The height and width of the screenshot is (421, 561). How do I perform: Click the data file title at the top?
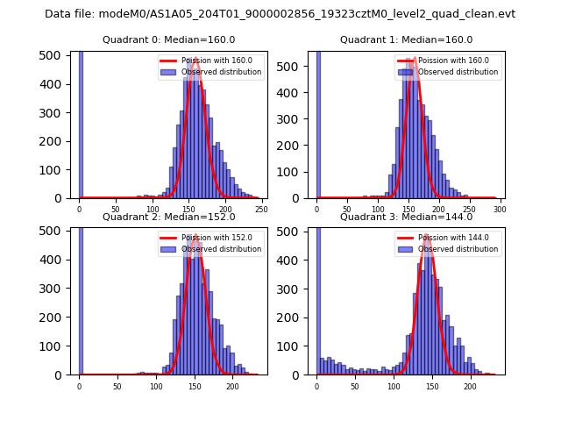[280, 14]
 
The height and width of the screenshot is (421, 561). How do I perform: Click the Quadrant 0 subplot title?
[168, 39]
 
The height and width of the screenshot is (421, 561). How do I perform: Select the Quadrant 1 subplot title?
[406, 39]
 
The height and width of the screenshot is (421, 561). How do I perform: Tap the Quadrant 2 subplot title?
[168, 217]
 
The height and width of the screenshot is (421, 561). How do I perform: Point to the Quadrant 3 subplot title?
[406, 217]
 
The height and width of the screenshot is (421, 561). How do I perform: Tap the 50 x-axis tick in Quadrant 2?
[117, 386]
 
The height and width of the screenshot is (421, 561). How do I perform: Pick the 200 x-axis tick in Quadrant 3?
[470, 386]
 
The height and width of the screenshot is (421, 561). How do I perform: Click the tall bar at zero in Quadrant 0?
[81, 123]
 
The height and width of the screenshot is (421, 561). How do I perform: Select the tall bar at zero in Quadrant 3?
[317, 298]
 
